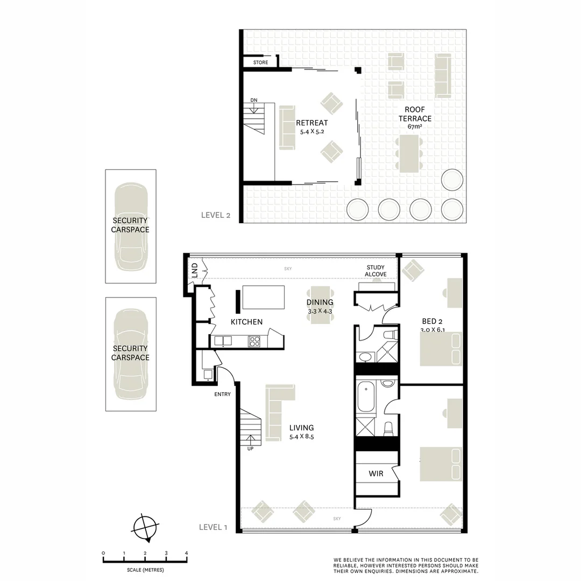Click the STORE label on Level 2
pyautogui.click(x=260, y=63)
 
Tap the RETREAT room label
pyautogui.click(x=311, y=123)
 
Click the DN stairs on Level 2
pyautogui.click(x=255, y=118)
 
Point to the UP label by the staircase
pyautogui.click(x=250, y=449)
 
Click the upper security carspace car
pyautogui.click(x=131, y=226)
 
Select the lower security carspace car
pyautogui.click(x=131, y=353)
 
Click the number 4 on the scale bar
pyautogui.click(x=186, y=553)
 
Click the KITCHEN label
pyautogui.click(x=246, y=322)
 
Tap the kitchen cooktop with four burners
pyautogui.click(x=254, y=341)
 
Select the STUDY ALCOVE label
pyautogui.click(x=376, y=271)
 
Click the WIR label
pyautogui.click(x=375, y=474)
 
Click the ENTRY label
pyautogui.click(x=222, y=394)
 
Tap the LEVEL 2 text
pyautogui.click(x=215, y=215)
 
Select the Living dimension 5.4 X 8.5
pyautogui.click(x=301, y=437)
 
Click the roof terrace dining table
pyautogui.click(x=409, y=153)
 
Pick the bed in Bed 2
pyautogui.click(x=441, y=349)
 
